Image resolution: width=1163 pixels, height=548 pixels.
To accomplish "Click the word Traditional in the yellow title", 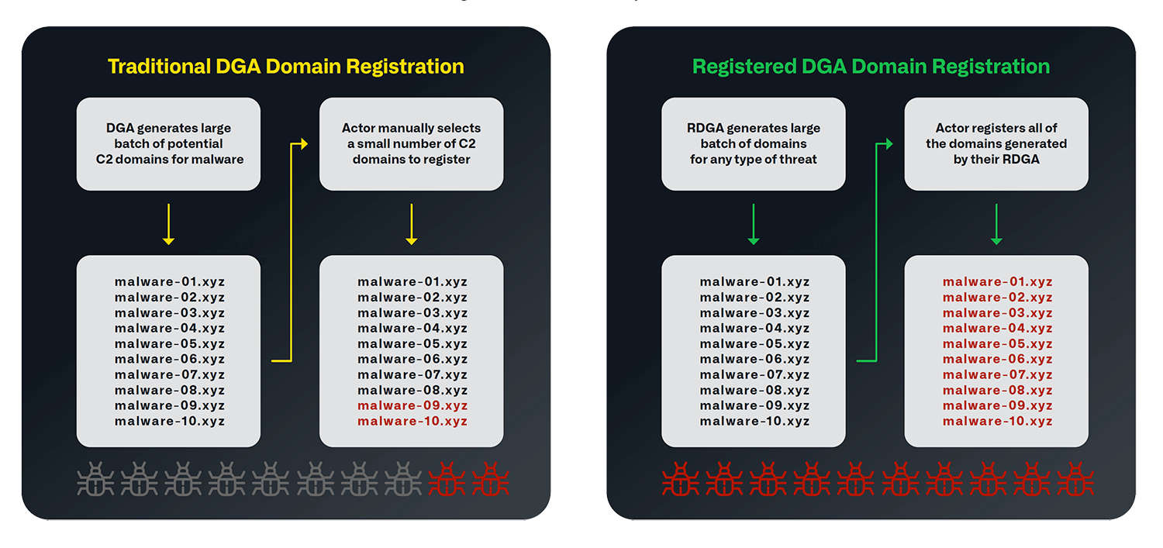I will click(157, 67).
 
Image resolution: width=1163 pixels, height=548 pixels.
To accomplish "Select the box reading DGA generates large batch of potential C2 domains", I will click(168, 144).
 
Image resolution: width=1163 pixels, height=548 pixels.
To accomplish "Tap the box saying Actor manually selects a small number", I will click(411, 144).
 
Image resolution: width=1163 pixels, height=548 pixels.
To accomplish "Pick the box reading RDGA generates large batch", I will click(753, 144).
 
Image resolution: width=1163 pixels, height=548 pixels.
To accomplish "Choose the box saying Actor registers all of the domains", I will click(996, 144).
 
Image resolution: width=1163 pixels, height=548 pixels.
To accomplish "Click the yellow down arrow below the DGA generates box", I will click(168, 224).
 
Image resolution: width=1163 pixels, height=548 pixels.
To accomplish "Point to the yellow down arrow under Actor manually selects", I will click(411, 224).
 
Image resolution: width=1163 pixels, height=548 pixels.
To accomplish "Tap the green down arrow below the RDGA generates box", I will click(753, 224).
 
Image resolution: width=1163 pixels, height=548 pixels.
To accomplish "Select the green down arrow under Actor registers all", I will click(996, 224).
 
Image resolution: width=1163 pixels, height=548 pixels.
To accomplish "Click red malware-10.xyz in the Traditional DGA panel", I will click(412, 422).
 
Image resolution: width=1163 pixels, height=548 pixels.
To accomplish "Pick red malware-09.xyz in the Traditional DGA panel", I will click(412, 406).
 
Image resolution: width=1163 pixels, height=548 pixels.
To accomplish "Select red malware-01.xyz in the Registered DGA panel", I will click(997, 282).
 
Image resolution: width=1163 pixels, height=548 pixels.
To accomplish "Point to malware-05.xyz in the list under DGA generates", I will click(170, 344).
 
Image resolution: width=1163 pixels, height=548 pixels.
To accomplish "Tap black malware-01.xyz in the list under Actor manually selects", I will click(412, 282).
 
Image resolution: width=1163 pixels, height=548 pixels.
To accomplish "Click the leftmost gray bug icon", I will click(95, 480).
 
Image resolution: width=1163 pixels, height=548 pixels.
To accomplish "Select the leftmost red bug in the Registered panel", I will click(680, 480).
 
